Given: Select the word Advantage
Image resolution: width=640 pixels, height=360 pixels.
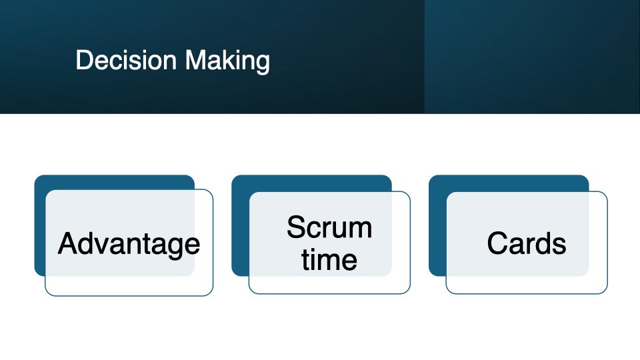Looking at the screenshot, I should coord(129,244).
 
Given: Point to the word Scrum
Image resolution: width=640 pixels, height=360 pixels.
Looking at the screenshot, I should coord(329,228).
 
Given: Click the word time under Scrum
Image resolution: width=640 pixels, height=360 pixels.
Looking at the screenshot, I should coord(329,259).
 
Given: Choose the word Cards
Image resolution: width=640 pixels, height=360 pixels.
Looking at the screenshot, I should coord(527,244).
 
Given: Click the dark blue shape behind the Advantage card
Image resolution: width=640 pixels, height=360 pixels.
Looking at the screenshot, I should coord(40,227).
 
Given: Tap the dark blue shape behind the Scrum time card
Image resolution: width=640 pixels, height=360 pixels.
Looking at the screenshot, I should coord(239,227).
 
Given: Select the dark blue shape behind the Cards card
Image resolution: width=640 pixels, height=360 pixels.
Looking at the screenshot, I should coord(436,227).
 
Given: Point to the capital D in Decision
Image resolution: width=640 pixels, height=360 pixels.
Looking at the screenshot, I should coord(83,61).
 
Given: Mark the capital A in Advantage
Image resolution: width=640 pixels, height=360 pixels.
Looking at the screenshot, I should coord(67,244).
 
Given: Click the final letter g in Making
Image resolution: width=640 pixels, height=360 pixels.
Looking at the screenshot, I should coord(263,63).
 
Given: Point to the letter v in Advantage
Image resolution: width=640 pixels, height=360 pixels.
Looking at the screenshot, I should coord(103,245).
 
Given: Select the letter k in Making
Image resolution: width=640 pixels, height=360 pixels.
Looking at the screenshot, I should coord(227,61).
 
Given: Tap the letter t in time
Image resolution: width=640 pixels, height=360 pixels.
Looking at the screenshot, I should coord(306,259).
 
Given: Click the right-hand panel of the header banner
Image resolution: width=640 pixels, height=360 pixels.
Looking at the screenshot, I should coord(532,57).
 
